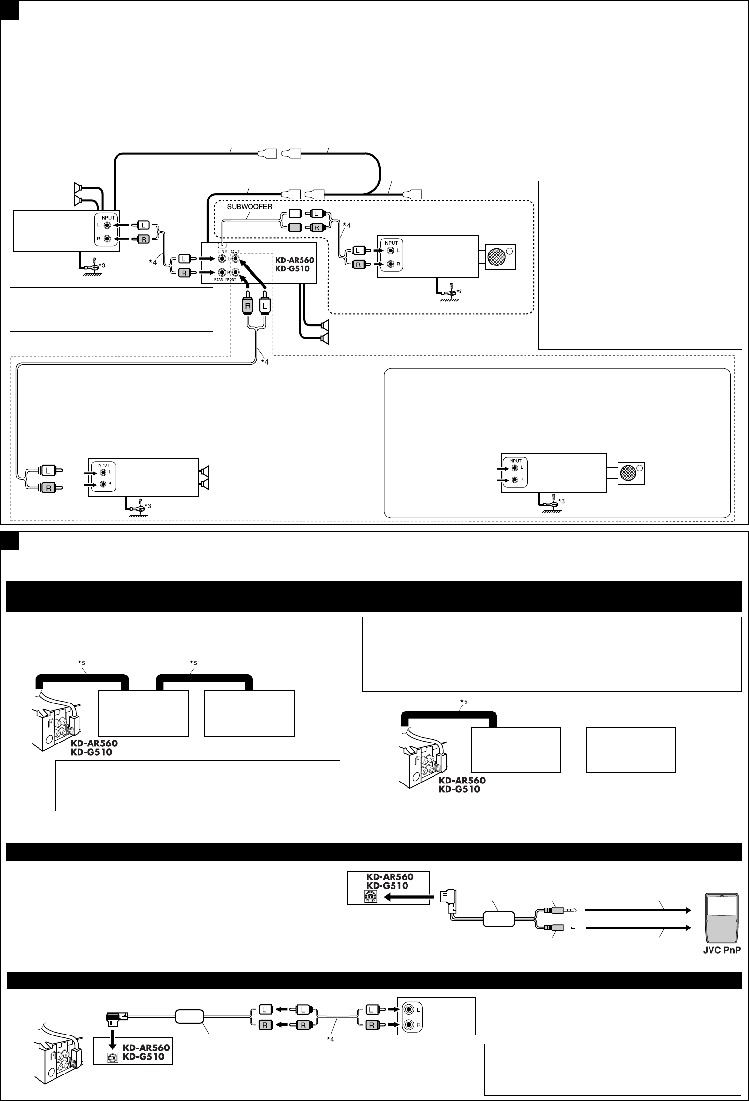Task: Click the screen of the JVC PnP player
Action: [x=721, y=915]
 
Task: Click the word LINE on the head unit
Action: [x=222, y=252]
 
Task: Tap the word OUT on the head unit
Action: [x=235, y=252]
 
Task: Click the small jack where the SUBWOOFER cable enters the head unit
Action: [x=222, y=245]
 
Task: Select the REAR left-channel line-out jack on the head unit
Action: [x=223, y=259]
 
